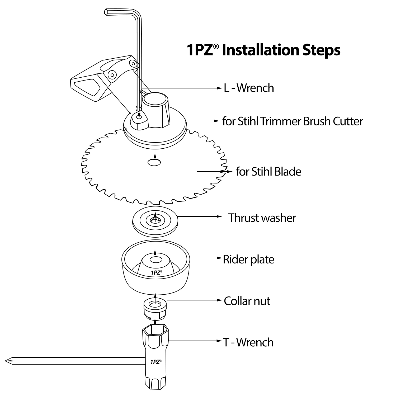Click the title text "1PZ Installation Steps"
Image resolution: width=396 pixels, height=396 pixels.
coord(263,50)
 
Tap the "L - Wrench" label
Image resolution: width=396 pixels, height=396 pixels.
coord(249,88)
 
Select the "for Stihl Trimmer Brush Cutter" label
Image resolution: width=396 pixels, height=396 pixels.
coord(293,121)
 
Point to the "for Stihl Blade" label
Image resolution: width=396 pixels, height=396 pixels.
coord(268,172)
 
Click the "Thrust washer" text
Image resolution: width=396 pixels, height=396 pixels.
coord(262,218)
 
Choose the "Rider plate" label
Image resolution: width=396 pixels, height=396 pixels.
coord(248,259)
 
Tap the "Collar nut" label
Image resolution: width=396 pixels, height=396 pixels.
coord(247,301)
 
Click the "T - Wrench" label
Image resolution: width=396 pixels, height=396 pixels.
coord(248,342)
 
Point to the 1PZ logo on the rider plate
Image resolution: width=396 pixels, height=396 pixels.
coord(157,273)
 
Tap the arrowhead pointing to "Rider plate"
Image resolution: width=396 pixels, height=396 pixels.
coord(219,258)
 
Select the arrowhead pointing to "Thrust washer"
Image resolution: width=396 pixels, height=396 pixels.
coord(219,216)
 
